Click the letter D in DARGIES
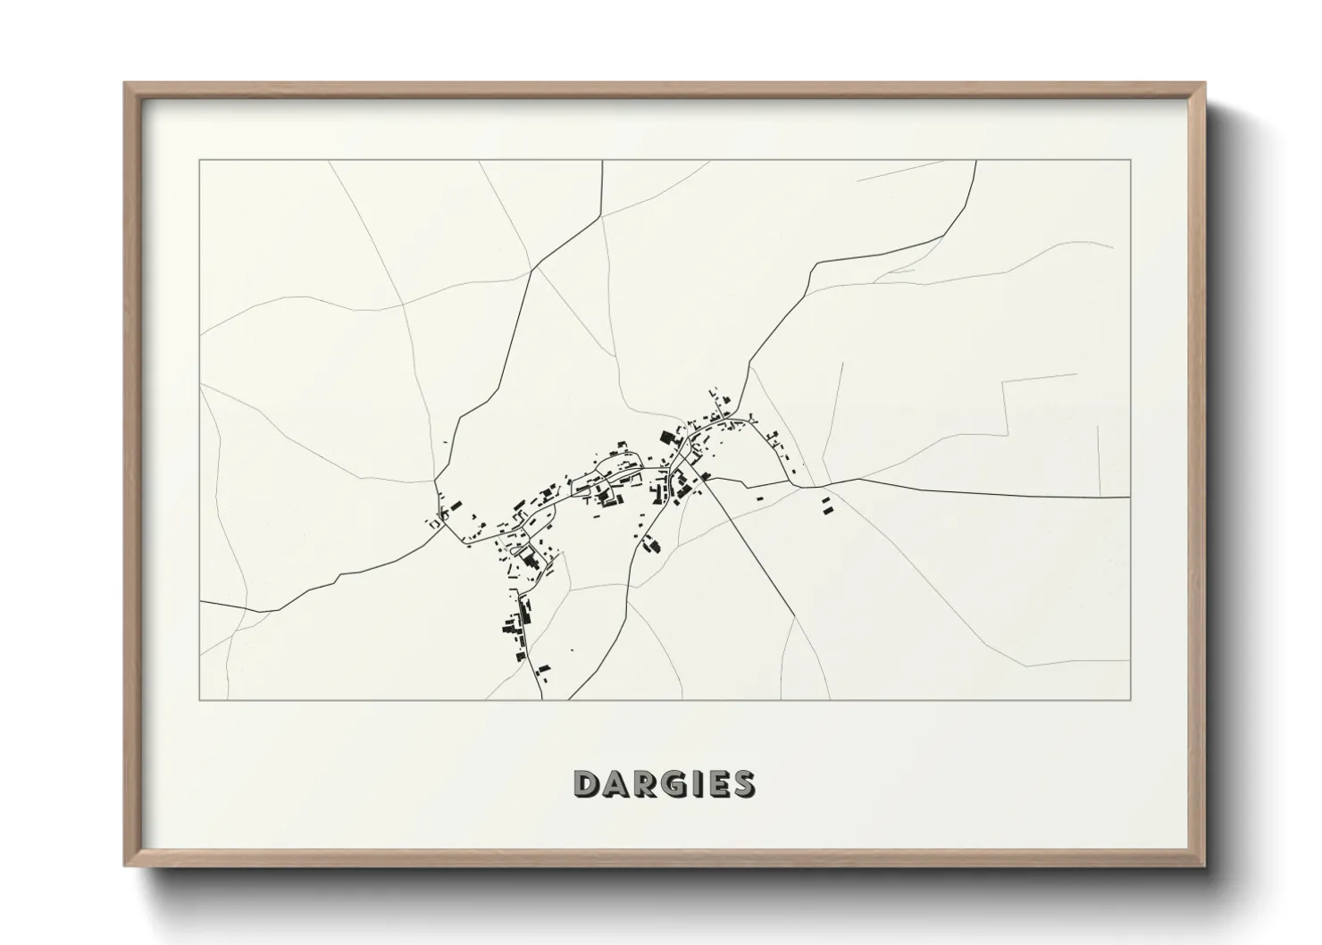point(587,783)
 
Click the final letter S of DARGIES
point(740,783)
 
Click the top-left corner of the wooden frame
point(125,84)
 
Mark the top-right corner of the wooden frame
point(1205,84)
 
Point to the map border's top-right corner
point(1130,161)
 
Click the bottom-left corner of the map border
point(200,699)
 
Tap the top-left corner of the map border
point(200,161)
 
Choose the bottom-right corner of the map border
point(1130,699)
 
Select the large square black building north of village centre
point(665,438)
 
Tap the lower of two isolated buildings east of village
point(825,509)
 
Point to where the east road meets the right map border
point(1129,497)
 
